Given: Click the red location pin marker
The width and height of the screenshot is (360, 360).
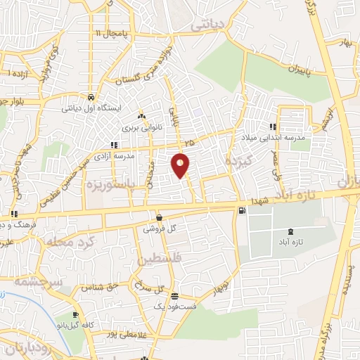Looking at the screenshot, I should point(181,164).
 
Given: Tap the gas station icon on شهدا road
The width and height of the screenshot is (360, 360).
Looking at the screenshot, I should point(243,210).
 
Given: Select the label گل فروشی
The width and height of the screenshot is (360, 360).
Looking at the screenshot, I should point(158,229).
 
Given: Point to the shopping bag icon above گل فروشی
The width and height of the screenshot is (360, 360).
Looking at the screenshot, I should point(160,217).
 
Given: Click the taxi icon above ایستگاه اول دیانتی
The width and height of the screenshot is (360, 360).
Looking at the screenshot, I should point(91,97).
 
